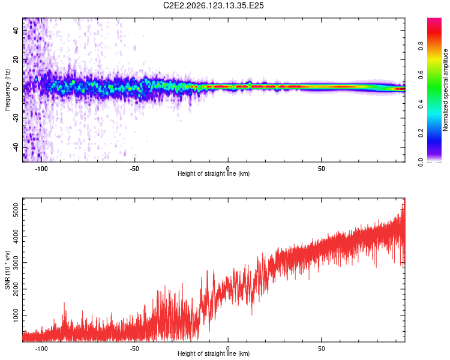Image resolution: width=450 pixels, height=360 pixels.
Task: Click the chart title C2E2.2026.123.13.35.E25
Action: [x=213, y=5]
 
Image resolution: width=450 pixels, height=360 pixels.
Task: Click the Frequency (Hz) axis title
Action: [x=7, y=89]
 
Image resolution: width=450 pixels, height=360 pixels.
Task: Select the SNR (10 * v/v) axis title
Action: [x=7, y=270]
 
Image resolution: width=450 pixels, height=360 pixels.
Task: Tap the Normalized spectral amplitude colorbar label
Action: [x=445, y=90]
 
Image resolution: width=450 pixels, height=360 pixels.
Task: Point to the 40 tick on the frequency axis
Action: [x=16, y=30]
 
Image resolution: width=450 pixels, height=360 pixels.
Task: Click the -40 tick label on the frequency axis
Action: [x=16, y=148]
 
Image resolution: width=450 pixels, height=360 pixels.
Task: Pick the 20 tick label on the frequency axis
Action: [x=16, y=59]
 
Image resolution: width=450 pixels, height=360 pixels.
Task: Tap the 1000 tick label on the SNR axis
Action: [x=16, y=316]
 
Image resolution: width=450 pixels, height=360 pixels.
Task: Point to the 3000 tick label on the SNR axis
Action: [x=16, y=262]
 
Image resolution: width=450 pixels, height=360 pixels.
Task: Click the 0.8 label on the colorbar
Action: [x=421, y=46]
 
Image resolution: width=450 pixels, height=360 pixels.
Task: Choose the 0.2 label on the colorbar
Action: [x=421, y=133]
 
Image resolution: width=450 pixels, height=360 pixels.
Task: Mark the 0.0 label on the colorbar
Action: [x=421, y=162]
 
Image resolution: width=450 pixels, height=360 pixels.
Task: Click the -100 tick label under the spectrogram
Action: [x=41, y=169]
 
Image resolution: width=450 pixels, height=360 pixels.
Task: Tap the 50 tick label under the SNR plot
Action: [x=322, y=349]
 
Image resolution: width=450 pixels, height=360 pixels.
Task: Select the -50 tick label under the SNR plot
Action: [x=134, y=349]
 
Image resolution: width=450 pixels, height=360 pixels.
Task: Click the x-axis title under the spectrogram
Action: [x=214, y=173]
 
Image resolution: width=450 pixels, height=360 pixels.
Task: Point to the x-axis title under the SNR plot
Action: [x=214, y=353]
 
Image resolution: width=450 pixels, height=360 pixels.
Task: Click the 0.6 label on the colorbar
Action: [x=421, y=74]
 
